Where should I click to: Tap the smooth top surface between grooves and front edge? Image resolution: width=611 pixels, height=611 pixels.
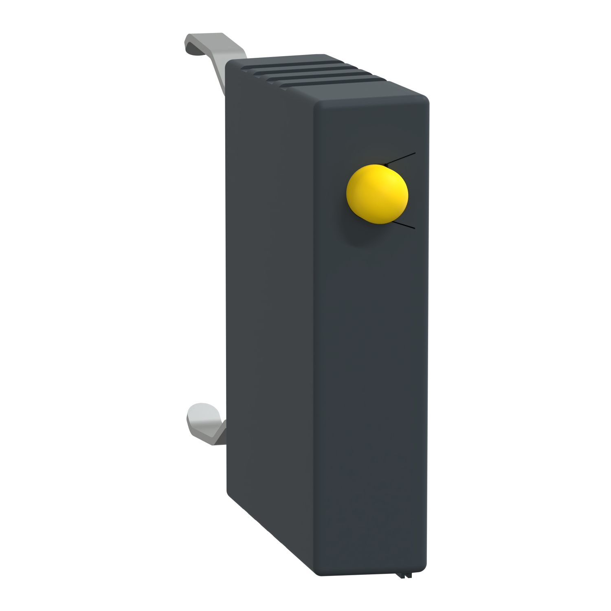coord(367,92)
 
